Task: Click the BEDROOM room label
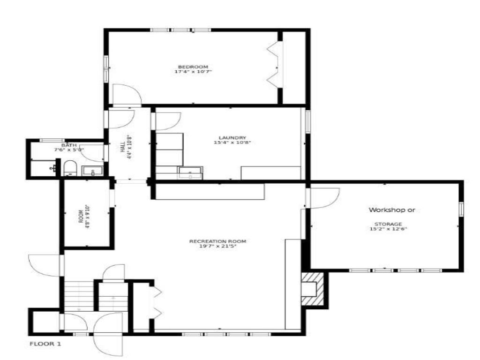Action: click(x=193, y=67)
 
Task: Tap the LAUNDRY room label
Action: click(x=232, y=138)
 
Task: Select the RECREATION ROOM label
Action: click(x=217, y=241)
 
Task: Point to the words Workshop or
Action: click(x=392, y=210)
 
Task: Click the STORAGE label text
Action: click(x=388, y=224)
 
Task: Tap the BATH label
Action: click(x=69, y=145)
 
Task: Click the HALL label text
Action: click(x=122, y=147)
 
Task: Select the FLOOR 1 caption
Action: click(x=45, y=344)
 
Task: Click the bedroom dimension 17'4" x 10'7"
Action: click(x=193, y=72)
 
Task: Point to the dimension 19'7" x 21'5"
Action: click(x=217, y=246)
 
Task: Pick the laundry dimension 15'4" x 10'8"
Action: click(x=232, y=142)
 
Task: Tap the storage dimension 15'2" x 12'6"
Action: click(x=388, y=229)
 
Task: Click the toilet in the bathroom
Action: click(x=70, y=168)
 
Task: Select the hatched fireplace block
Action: click(x=313, y=289)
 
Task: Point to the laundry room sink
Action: click(x=190, y=172)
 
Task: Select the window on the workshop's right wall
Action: click(x=461, y=210)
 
